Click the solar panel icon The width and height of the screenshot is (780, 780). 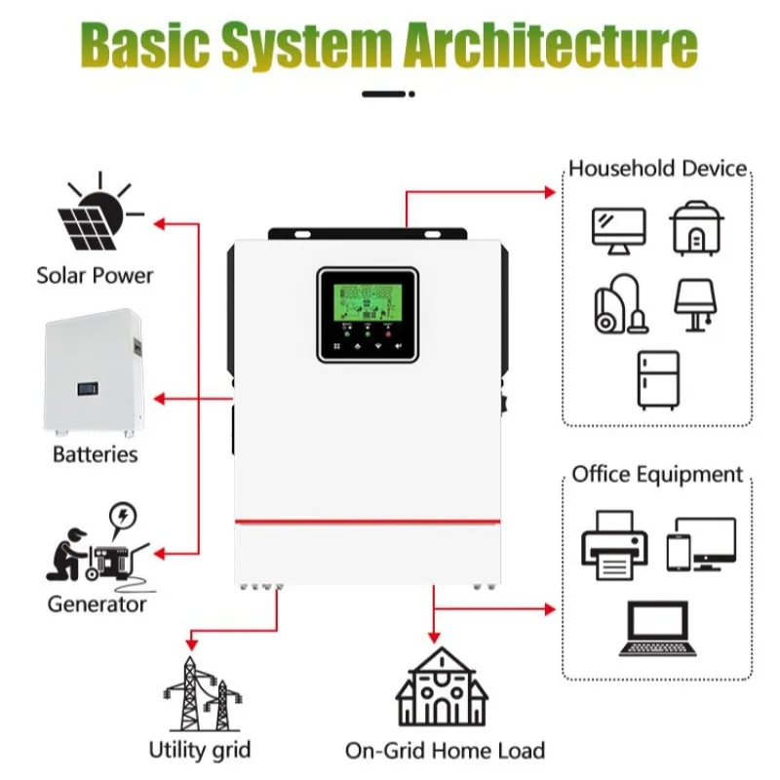tap(96, 214)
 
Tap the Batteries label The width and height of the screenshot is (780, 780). tap(95, 454)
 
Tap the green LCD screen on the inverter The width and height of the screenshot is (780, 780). tap(367, 305)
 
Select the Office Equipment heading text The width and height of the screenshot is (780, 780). tap(657, 475)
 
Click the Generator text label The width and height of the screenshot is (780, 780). tap(97, 604)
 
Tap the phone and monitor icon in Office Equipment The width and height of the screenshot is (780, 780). tap(701, 544)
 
